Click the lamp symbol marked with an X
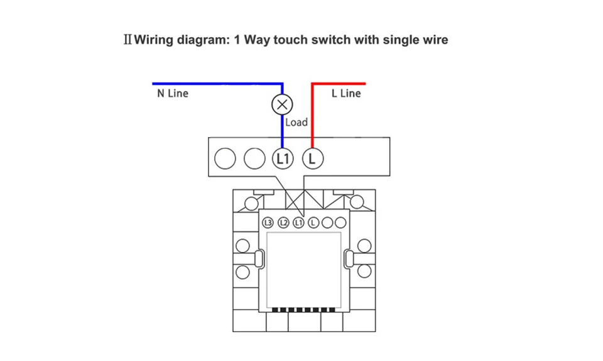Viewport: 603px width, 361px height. pyautogui.click(x=282, y=104)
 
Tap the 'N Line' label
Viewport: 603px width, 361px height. pyautogui.click(x=172, y=94)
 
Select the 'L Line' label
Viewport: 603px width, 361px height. pyautogui.click(x=346, y=94)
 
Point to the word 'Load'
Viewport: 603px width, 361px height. pyautogui.click(x=296, y=122)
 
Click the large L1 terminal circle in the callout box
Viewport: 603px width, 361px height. pyautogui.click(x=283, y=158)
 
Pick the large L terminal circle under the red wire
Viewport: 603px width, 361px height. pyautogui.click(x=313, y=158)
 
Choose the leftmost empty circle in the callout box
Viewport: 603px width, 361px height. pyautogui.click(x=224, y=158)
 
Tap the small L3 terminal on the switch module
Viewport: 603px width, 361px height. pyautogui.click(x=268, y=223)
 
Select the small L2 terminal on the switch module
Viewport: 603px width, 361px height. pyautogui.click(x=283, y=223)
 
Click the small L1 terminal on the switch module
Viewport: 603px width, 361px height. pyautogui.click(x=299, y=223)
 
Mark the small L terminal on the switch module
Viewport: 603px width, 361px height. pyautogui.click(x=314, y=223)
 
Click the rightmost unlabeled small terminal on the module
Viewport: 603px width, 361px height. pyautogui.click(x=341, y=223)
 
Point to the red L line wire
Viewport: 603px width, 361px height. pyautogui.click(x=312, y=113)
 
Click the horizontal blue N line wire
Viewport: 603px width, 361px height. pyautogui.click(x=214, y=83)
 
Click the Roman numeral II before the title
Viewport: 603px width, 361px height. pyautogui.click(x=128, y=40)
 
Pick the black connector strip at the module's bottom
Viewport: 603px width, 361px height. pyautogui.click(x=304, y=309)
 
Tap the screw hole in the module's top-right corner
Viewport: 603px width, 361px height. pyautogui.click(x=357, y=202)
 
